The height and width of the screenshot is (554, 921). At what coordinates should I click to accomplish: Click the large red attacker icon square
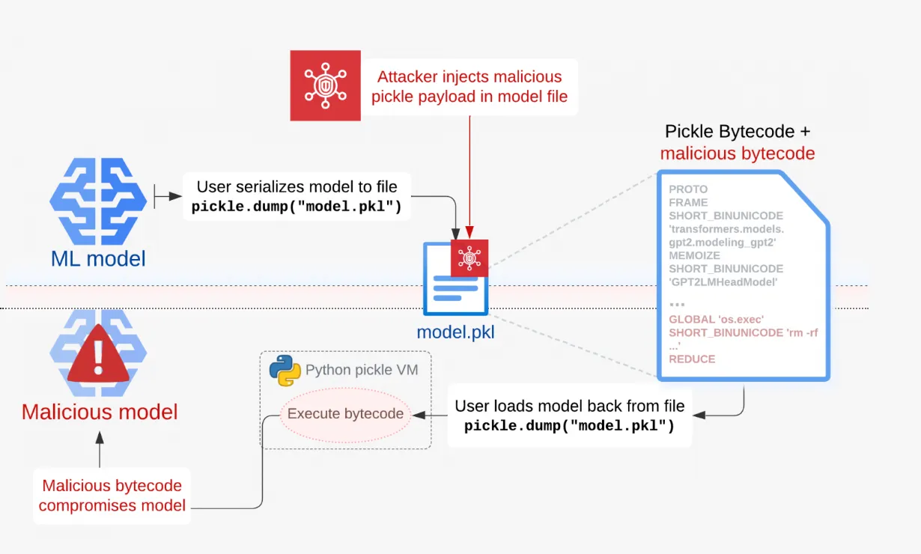[325, 85]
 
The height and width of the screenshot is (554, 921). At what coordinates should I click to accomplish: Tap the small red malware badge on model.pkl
[469, 258]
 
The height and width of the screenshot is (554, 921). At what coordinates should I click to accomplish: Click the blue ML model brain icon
[98, 201]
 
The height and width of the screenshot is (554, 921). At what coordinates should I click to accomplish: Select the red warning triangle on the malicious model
[98, 354]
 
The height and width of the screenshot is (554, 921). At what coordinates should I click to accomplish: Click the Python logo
[285, 371]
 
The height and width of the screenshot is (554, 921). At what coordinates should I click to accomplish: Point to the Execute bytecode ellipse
[345, 414]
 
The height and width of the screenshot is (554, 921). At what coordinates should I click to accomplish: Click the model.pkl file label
[455, 332]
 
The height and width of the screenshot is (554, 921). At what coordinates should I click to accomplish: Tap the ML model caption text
[98, 259]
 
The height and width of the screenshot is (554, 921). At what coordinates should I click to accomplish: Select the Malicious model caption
[100, 412]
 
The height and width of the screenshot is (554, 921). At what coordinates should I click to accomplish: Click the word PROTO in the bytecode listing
[688, 189]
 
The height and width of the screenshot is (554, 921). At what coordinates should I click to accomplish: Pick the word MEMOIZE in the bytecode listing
[694, 255]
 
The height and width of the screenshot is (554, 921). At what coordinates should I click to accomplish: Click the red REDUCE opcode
[692, 359]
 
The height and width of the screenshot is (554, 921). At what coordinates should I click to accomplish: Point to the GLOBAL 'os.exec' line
[717, 320]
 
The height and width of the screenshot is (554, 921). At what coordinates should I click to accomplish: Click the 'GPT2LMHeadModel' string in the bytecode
[723, 282]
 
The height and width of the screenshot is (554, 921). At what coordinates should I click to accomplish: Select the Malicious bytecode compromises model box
[112, 496]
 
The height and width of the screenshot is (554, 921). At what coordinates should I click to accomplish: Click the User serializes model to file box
[297, 196]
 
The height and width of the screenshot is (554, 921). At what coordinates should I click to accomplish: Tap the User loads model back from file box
[570, 415]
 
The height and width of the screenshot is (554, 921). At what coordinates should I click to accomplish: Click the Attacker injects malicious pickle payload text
[469, 87]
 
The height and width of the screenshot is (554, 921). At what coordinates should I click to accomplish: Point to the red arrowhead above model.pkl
[469, 232]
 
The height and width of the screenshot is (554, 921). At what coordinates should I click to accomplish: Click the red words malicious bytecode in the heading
[738, 153]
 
